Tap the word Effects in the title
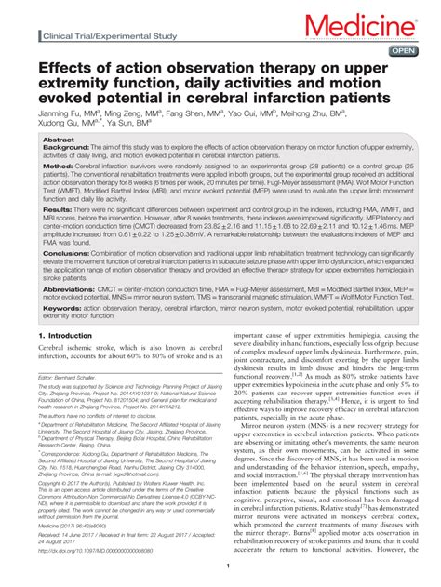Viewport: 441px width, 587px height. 68,71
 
